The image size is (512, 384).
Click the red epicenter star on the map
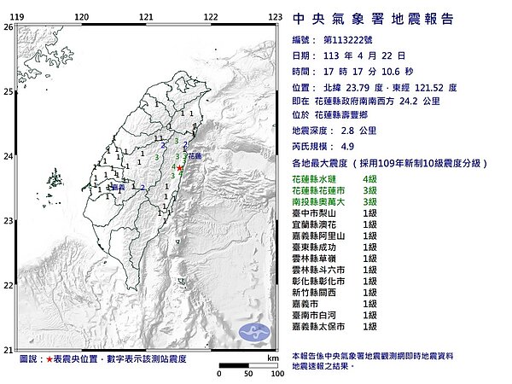pyautogui.click(x=179, y=169)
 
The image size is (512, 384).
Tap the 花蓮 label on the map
pyautogui.click(x=195, y=157)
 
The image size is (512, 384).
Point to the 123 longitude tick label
pyautogui.click(x=275, y=16)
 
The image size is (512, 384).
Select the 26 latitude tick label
pyautogui.click(x=8, y=27)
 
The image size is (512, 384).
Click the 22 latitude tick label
pyautogui.click(x=8, y=286)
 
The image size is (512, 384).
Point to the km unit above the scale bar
pyautogui.click(x=272, y=359)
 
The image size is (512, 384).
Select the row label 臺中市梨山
pyautogui.click(x=315, y=212)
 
